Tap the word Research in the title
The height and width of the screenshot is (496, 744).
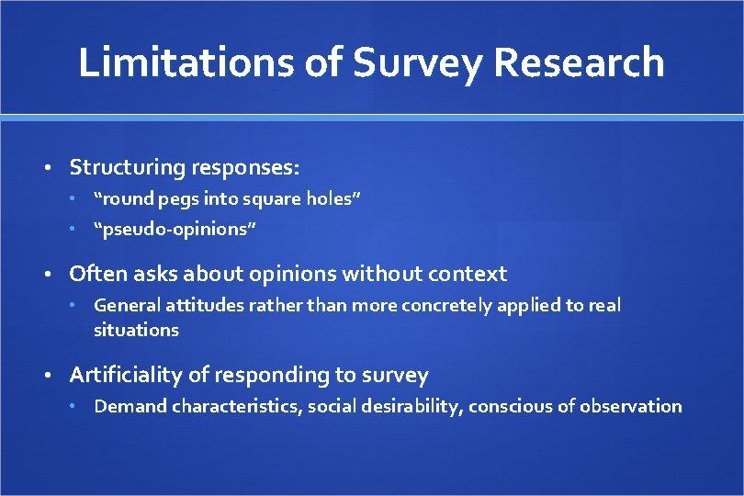point(580,63)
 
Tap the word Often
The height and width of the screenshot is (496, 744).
point(96,274)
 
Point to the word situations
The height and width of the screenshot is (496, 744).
point(136,330)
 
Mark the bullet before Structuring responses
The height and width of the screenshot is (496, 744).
point(53,168)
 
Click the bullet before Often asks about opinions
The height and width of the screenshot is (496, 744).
point(53,274)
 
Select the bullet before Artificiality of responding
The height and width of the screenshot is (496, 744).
point(53,376)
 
